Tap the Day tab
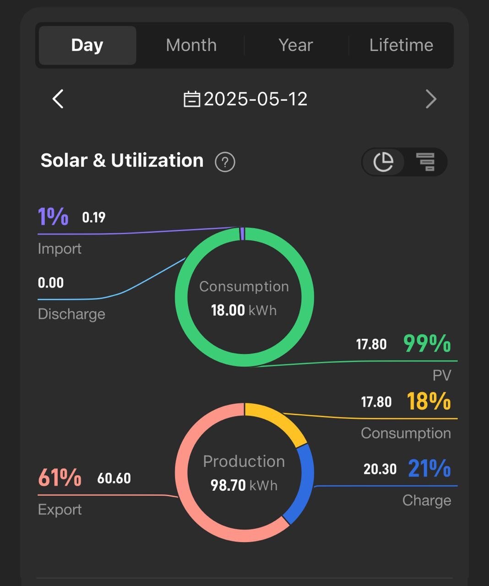pyautogui.click(x=87, y=45)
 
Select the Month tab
pyautogui.click(x=191, y=45)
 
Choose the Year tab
pyautogui.click(x=296, y=45)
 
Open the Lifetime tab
pyautogui.click(x=401, y=45)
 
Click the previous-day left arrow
pyautogui.click(x=58, y=99)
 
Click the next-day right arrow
pyautogui.click(x=431, y=99)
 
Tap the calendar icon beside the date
pyautogui.click(x=192, y=99)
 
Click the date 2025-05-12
pyautogui.click(x=255, y=99)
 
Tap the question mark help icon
pyautogui.click(x=225, y=162)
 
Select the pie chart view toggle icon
pyautogui.click(x=383, y=162)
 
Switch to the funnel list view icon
pyautogui.click(x=425, y=162)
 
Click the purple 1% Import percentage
pyautogui.click(x=53, y=217)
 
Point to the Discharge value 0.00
pyautogui.click(x=51, y=282)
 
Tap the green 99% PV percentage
pyautogui.click(x=427, y=343)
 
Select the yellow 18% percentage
pyautogui.click(x=429, y=401)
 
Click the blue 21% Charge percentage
pyautogui.click(x=429, y=468)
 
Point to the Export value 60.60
pyautogui.click(x=114, y=478)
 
